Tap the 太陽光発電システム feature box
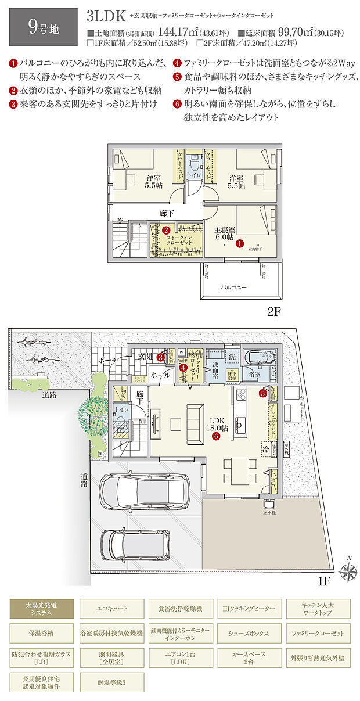tap(42, 608)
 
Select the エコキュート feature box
tap(111, 608)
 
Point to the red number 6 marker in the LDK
tap(215, 436)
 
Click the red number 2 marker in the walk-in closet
tap(165, 230)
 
